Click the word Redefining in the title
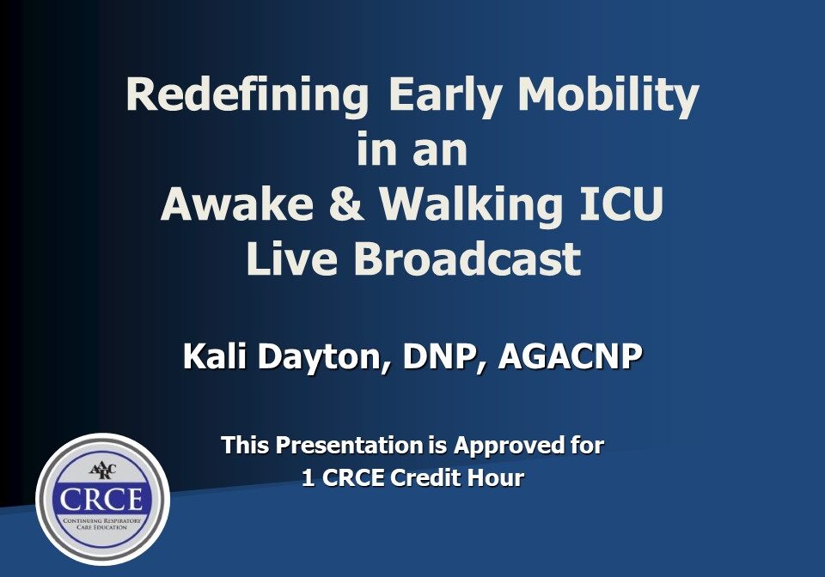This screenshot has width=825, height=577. (247, 95)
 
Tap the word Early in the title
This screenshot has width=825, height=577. (445, 95)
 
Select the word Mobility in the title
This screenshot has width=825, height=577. (608, 95)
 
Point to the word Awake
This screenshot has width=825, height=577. (237, 203)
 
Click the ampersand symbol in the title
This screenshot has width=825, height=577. (345, 203)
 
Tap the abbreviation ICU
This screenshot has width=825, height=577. (621, 203)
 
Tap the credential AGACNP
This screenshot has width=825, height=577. (571, 357)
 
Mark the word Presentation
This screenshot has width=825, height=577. (350, 446)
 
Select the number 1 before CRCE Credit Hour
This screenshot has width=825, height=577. (309, 478)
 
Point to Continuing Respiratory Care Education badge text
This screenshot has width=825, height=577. (102, 524)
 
